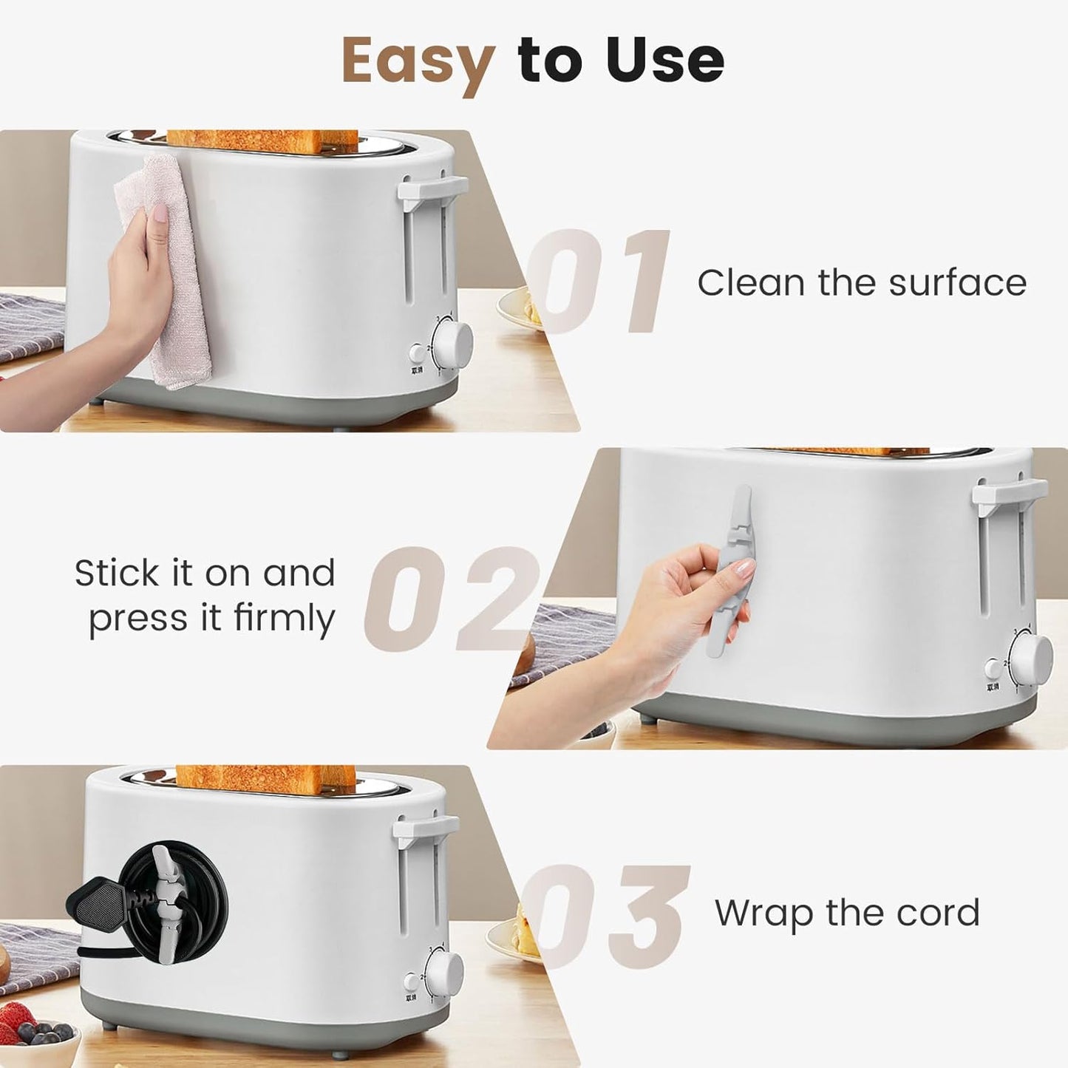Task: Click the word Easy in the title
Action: coord(418,61)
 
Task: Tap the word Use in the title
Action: coord(664,61)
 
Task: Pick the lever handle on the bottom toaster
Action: coord(424,829)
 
